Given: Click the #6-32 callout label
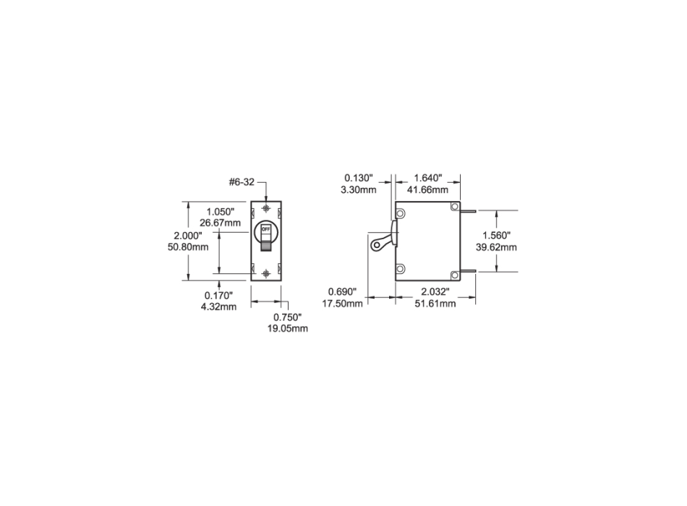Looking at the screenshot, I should coord(242,182).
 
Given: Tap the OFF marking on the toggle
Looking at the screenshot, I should coord(266,230).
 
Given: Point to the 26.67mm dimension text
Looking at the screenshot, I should coord(220,223).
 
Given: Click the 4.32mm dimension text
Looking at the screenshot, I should coord(218,307).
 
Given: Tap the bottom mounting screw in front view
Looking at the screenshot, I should coord(268,274).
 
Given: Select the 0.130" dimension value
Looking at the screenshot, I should coord(358,178).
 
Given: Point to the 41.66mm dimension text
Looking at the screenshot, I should coord(430,189).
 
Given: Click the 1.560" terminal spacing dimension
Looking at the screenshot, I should coord(498,236).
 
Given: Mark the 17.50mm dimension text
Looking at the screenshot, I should coord(345,304).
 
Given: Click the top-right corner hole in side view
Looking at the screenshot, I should coord(453,207).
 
